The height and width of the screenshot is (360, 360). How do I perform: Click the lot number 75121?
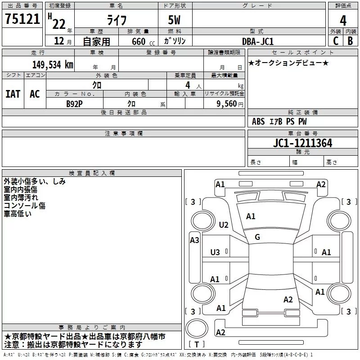click(x=22, y=19)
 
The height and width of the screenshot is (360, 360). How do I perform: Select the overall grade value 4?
click(x=343, y=21)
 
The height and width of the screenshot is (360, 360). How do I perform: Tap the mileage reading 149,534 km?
click(x=53, y=65)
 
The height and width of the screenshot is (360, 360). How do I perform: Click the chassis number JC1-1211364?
click(x=302, y=143)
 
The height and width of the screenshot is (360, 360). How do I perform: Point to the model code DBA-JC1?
click(x=258, y=41)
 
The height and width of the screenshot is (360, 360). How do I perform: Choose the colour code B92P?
click(x=74, y=104)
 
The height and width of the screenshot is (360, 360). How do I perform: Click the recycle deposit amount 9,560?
click(x=227, y=104)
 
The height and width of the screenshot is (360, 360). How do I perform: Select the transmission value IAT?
click(x=13, y=94)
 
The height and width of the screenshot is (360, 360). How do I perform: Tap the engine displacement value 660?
click(x=139, y=41)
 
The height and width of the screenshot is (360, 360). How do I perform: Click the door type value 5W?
click(x=174, y=20)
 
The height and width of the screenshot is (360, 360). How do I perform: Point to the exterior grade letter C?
click(x=336, y=41)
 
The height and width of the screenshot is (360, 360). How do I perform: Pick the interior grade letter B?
click(x=350, y=41)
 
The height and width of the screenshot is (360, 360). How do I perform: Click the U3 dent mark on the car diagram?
click(x=215, y=252)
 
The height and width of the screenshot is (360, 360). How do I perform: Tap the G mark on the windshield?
click(x=257, y=237)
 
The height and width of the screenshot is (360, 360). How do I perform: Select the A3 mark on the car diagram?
click(x=194, y=240)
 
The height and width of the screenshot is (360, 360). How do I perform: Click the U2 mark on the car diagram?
click(x=224, y=225)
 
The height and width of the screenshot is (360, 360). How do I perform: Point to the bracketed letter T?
click(x=197, y=344)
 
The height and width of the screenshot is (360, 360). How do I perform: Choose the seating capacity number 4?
click(x=188, y=85)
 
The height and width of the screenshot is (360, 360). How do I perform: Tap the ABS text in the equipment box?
click(x=258, y=121)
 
